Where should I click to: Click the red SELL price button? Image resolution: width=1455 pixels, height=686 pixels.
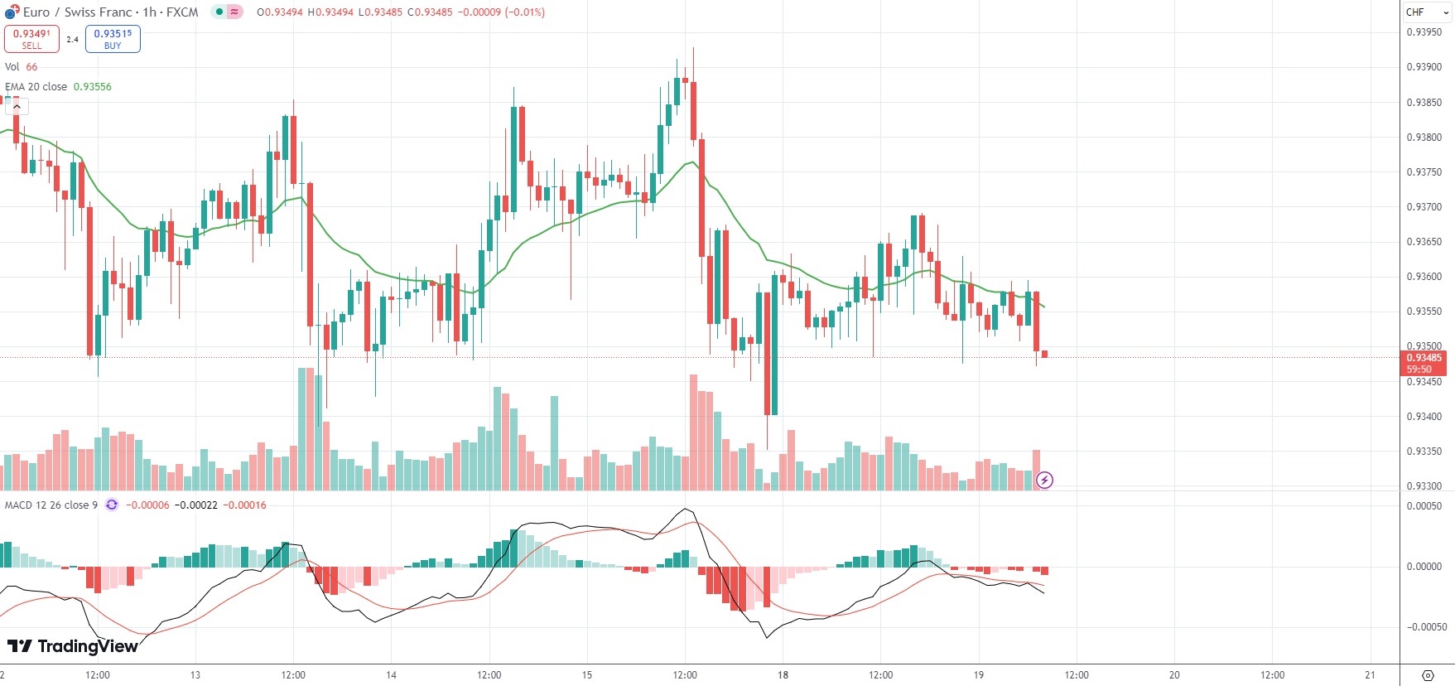pos(31,39)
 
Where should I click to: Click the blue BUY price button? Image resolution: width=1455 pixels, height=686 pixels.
pos(113,39)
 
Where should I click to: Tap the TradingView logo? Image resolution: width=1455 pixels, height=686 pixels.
pos(73,646)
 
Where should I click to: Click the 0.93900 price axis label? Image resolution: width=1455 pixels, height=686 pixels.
pos(1424,67)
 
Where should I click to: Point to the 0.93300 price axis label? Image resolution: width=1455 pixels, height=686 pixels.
pos(1424,486)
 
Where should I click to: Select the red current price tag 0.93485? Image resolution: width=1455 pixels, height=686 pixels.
pos(1424,358)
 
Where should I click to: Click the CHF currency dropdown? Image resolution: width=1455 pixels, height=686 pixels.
pos(1426,12)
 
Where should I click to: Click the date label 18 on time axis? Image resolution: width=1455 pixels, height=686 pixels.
pos(783,675)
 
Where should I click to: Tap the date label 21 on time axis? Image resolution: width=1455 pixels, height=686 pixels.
pos(1370,675)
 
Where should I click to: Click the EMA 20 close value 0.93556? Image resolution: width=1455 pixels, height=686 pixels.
pos(92,87)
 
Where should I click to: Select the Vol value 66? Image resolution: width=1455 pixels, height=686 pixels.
pos(31,67)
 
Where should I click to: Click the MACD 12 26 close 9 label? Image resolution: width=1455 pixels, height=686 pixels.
pos(51,505)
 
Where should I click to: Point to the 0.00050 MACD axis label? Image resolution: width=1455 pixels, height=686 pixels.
pos(1424,506)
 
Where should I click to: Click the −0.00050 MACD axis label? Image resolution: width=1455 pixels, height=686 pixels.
pos(1424,627)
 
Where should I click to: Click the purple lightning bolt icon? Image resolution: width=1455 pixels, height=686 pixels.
pos(1045,480)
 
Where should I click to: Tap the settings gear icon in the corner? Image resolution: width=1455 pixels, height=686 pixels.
pos(1428,675)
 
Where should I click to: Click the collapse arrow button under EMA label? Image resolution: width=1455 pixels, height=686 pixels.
pos(17,106)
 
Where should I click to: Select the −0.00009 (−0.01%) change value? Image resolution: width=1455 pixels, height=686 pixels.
pos(501,12)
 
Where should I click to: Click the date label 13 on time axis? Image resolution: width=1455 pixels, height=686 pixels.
pos(195,675)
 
